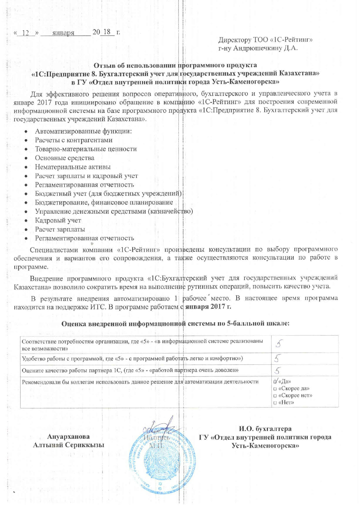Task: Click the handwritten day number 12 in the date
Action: coord(28,33)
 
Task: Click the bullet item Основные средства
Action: coord(64,158)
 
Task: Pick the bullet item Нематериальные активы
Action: coord(73,167)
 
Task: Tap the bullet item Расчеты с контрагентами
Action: coord(74,140)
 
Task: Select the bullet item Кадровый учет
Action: coord(58,221)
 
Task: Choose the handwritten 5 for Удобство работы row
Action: coord(278,359)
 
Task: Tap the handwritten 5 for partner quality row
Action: coord(278,370)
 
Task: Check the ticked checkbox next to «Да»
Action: coord(275,382)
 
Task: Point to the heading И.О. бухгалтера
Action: coord(265,429)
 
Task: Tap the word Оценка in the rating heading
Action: coord(74,323)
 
